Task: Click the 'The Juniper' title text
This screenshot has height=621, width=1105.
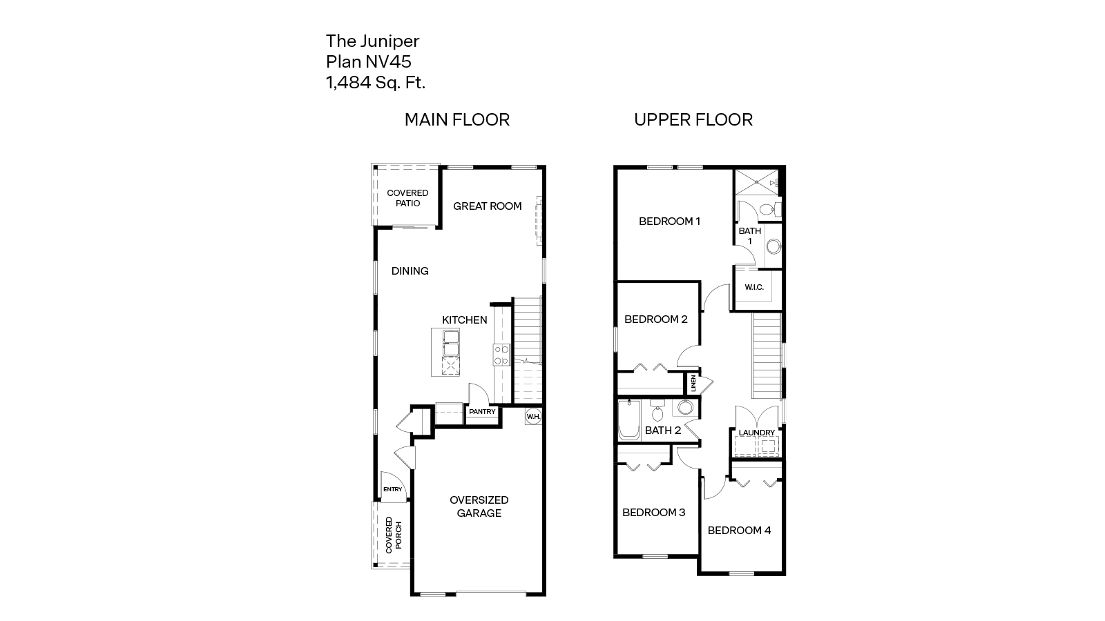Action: tap(372, 41)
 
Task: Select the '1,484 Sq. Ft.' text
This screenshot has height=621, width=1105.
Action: tap(376, 83)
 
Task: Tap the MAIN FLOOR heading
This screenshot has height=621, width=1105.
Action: tap(457, 119)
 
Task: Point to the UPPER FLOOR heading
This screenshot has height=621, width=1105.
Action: tap(693, 119)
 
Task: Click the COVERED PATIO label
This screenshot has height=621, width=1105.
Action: tap(407, 198)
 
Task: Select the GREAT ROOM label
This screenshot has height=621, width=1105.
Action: tap(487, 206)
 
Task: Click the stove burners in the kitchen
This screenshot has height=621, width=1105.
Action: tap(501, 355)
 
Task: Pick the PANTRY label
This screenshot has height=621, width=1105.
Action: tap(482, 412)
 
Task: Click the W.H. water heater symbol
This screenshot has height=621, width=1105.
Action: tap(533, 416)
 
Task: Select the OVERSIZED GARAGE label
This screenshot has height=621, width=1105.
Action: tap(479, 506)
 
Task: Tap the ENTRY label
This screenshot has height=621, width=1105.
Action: tap(392, 489)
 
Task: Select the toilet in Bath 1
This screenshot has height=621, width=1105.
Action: tap(767, 209)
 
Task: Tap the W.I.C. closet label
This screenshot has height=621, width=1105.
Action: tap(754, 287)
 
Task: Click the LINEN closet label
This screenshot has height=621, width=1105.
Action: tap(693, 384)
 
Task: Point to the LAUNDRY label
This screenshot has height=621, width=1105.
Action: tap(757, 433)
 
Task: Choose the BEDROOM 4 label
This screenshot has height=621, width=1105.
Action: tap(739, 530)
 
